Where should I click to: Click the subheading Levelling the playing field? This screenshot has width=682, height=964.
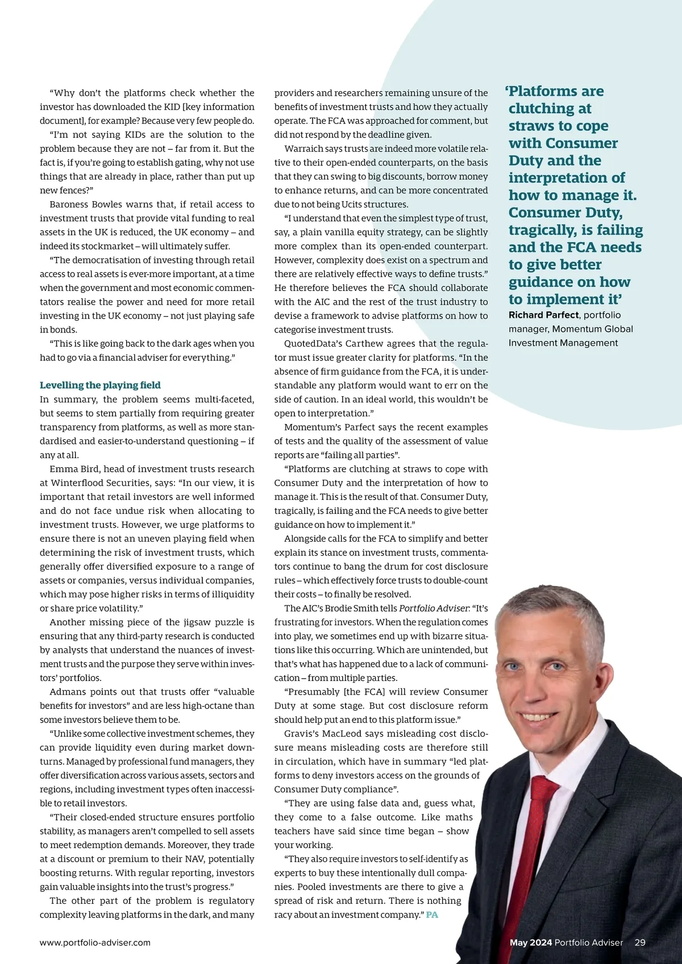[x=100, y=385]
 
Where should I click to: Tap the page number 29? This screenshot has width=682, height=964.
[x=640, y=942]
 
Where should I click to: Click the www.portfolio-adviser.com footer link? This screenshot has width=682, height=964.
[x=95, y=942]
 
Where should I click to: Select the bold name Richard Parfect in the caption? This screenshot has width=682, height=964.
[x=543, y=315]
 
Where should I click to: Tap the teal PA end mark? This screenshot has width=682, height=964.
[x=432, y=915]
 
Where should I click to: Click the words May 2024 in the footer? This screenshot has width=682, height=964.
[x=531, y=942]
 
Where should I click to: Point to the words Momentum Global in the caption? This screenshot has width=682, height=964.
[x=592, y=329]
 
